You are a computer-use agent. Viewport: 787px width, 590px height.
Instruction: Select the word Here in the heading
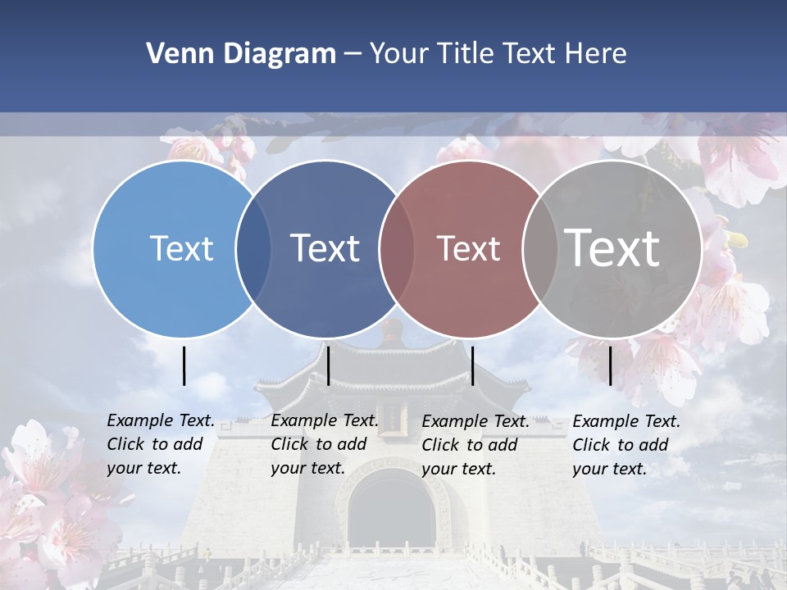(x=595, y=54)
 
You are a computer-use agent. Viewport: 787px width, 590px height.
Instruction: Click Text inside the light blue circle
(x=181, y=248)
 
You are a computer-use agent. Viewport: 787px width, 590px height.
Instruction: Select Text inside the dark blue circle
(x=325, y=248)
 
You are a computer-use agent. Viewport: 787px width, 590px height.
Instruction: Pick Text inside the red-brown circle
(x=468, y=248)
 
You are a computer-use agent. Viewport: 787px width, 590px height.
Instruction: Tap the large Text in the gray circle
(x=612, y=247)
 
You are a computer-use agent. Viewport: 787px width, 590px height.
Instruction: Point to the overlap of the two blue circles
(x=253, y=249)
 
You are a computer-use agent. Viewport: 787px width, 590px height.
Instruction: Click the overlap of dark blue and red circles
(x=397, y=249)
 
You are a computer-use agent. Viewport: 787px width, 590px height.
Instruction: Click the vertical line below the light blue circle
(x=184, y=365)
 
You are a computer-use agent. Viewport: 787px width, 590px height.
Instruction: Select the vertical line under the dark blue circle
(x=328, y=365)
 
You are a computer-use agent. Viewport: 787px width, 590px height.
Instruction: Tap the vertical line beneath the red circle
(x=472, y=365)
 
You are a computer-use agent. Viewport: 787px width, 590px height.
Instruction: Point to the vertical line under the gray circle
(x=610, y=365)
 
